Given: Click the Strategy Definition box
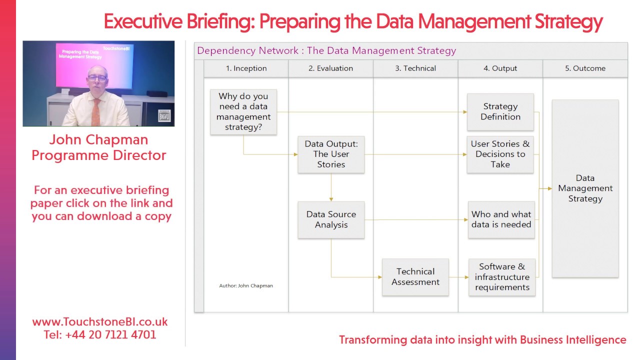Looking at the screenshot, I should [x=500, y=111].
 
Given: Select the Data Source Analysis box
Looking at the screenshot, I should [x=331, y=219].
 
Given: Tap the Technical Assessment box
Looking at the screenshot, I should [x=415, y=276].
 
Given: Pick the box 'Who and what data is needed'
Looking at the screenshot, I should [x=501, y=219].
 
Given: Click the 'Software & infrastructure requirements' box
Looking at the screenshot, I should [x=502, y=277].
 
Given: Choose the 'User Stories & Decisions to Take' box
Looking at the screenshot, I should [x=500, y=154].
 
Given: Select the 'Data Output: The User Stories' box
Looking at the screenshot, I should [x=331, y=154].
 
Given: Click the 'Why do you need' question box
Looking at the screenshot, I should [x=243, y=112].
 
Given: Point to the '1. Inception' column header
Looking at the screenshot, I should [x=246, y=68].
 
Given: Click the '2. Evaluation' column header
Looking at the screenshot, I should [x=330, y=68].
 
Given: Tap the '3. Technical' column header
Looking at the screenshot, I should [x=415, y=68].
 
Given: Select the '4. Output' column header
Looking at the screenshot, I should [x=500, y=68].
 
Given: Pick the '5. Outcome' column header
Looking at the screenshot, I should [x=585, y=68].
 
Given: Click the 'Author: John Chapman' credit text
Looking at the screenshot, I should [x=246, y=285].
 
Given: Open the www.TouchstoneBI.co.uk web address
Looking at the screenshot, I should [x=100, y=322].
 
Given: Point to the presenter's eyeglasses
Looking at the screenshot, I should [x=97, y=78].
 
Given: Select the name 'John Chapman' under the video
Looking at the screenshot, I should [x=99, y=139].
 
